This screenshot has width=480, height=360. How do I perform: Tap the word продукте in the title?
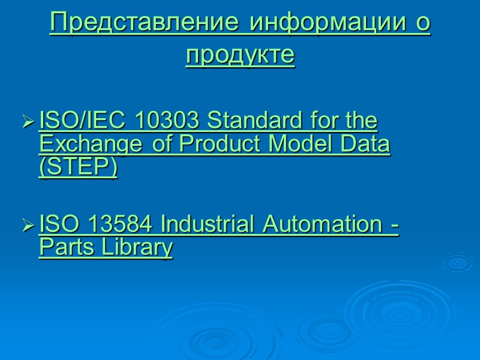[240, 55]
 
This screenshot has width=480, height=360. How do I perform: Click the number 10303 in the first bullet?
[169, 122]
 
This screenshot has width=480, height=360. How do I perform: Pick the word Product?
[212, 145]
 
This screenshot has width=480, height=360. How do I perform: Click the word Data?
[365, 145]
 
